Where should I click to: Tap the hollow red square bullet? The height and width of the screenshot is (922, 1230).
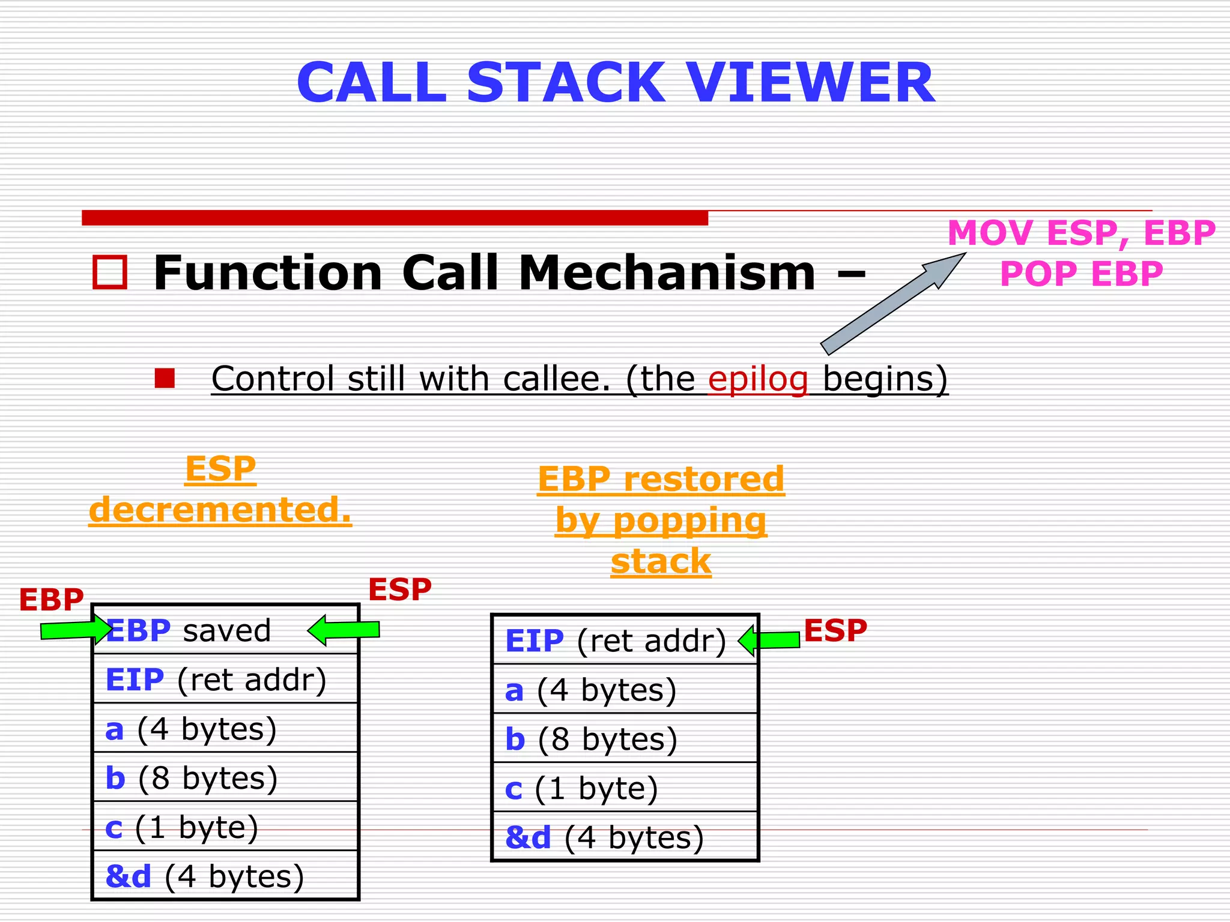(110, 273)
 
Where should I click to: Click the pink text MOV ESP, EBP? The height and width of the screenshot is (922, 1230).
(1081, 233)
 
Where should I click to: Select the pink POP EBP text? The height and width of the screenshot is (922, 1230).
(1081, 274)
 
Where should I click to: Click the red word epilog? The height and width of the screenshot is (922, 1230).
(758, 379)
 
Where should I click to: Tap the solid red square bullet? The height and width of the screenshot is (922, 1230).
(165, 379)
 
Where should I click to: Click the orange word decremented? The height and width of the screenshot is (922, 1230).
(220, 510)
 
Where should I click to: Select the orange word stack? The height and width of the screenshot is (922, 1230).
(661, 562)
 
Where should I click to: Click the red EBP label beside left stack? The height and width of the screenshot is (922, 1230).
(51, 600)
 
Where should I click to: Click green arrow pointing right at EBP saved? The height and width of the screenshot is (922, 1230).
(75, 630)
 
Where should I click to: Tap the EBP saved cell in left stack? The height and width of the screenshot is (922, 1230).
(225, 630)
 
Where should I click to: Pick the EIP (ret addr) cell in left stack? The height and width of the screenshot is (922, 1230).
(225, 679)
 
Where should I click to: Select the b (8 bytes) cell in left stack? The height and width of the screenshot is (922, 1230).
(225, 778)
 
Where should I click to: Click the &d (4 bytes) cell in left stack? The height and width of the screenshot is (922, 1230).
(225, 876)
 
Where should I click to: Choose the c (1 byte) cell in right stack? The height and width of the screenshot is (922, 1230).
(625, 788)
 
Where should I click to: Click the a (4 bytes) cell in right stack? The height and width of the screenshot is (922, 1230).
(625, 690)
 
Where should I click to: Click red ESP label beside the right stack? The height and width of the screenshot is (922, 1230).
(835, 630)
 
